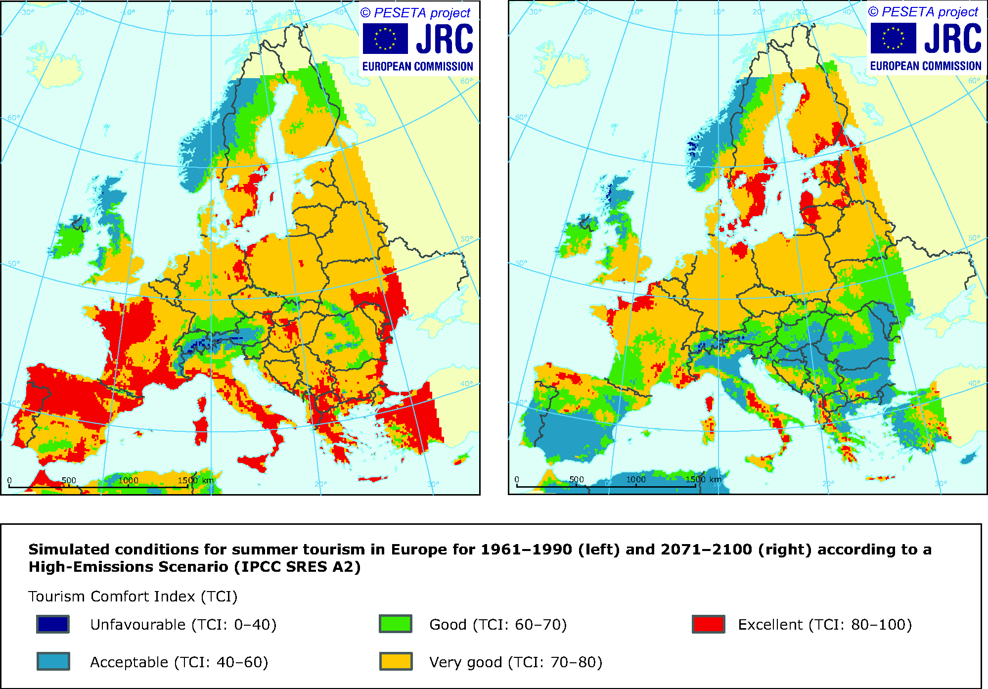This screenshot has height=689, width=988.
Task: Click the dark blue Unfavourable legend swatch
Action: tap(53, 624)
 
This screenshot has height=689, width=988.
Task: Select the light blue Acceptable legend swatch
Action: tap(53, 661)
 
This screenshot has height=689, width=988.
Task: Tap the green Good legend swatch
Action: tap(396, 624)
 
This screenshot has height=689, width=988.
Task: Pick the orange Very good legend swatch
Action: tap(396, 661)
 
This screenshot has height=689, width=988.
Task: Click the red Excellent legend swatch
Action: tap(709, 624)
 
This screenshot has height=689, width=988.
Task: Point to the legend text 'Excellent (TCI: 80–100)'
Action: tap(825, 625)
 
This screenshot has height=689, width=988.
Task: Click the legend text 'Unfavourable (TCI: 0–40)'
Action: tap(183, 625)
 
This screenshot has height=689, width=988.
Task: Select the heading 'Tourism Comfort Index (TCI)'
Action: tap(133, 597)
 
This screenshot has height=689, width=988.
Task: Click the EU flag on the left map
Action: tap(385, 39)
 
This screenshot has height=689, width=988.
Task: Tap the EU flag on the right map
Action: tap(893, 39)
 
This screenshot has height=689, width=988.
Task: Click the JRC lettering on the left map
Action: tap(444, 39)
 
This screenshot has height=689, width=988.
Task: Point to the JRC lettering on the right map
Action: tap(952, 39)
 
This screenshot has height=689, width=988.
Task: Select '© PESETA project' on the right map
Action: tap(923, 12)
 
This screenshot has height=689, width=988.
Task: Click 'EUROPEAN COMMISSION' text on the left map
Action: tap(417, 66)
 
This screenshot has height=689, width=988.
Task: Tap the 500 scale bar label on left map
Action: tap(69, 480)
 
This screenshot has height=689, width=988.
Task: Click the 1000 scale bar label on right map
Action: tap(636, 479)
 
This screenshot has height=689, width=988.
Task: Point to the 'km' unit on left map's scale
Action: tap(208, 480)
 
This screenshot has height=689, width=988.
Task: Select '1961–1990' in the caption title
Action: tap(526, 550)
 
